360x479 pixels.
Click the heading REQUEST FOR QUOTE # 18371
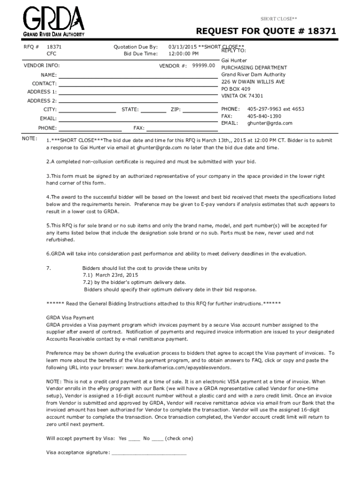click(x=266, y=32)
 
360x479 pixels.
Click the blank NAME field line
click(x=138, y=75)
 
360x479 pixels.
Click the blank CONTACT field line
click(x=138, y=84)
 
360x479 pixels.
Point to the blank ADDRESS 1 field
click(x=138, y=92)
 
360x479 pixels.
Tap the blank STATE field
click(x=153, y=110)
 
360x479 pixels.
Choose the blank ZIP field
click(x=200, y=110)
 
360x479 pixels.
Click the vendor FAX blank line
click(x=182, y=128)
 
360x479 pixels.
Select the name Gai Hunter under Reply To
click(x=234, y=61)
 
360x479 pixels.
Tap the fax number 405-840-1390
click(x=264, y=116)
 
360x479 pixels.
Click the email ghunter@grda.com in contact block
click(x=270, y=123)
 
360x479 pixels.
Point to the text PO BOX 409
click(x=236, y=88)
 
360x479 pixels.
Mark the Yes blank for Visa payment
click(x=134, y=439)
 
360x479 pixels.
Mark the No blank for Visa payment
click(x=158, y=439)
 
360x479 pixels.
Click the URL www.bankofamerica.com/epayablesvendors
click(x=178, y=368)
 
